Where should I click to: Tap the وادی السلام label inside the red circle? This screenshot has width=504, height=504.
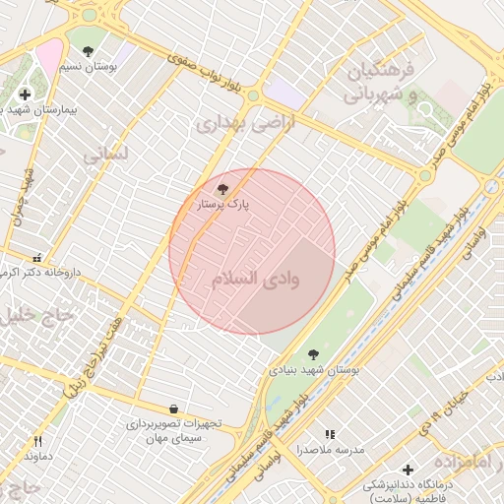pyautogui.click(x=254, y=279)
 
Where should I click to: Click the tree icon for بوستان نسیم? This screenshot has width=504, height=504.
pyautogui.click(x=88, y=51)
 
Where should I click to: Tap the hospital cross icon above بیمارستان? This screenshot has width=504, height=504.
pyautogui.click(x=25, y=94)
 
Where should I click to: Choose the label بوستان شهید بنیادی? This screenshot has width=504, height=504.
pyautogui.click(x=314, y=370)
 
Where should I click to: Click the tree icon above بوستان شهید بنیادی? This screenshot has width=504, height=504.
pyautogui.click(x=313, y=354)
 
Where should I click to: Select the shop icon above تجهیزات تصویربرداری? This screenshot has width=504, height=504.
pyautogui.click(x=174, y=409)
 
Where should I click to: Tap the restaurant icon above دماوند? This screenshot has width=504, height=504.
pyautogui.click(x=37, y=442)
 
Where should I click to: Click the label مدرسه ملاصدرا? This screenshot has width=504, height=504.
pyautogui.click(x=331, y=449)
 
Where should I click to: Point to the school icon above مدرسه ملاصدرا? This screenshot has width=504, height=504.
pyautogui.click(x=331, y=433)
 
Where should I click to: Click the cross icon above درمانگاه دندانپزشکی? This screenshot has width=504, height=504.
pyautogui.click(x=408, y=470)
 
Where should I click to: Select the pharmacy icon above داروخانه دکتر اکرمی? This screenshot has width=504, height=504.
pyautogui.click(x=37, y=256)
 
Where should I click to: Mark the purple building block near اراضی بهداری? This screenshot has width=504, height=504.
pyautogui.click(x=284, y=94)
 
